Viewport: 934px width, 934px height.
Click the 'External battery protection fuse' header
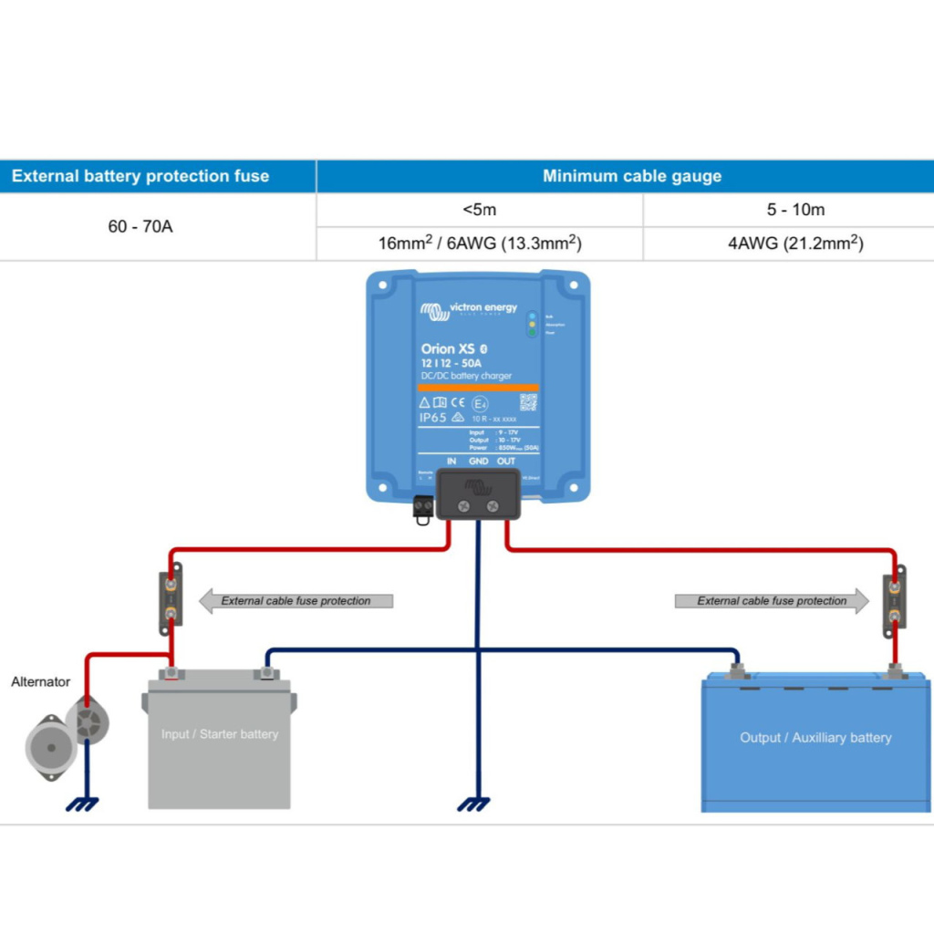(140, 176)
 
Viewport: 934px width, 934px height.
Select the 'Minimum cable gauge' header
(632, 176)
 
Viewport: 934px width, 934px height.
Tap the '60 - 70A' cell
(140, 225)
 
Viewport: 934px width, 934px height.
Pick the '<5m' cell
(479, 210)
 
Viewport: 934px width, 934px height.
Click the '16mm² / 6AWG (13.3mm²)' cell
(481, 244)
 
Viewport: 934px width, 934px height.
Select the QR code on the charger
(528, 402)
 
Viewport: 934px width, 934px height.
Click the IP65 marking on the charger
(432, 417)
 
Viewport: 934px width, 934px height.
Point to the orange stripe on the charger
(478, 388)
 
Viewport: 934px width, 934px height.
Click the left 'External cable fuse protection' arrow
(296, 601)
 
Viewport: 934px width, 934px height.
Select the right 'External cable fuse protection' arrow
(772, 601)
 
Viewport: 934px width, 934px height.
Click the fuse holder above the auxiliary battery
(894, 601)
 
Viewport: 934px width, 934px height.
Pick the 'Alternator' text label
(40, 681)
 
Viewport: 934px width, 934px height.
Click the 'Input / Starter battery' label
(219, 733)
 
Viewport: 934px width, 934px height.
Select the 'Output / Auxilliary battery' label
(815, 737)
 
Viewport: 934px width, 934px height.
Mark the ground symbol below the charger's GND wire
(474, 804)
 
